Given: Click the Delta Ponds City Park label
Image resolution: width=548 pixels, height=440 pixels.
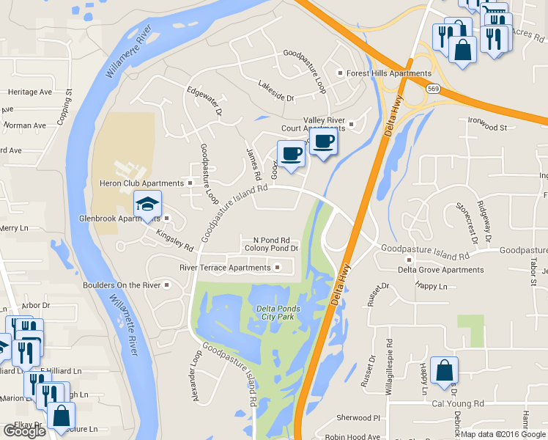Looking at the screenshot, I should pyautogui.click(x=278, y=312).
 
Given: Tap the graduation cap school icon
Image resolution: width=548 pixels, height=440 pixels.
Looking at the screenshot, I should pyautogui.click(x=147, y=204).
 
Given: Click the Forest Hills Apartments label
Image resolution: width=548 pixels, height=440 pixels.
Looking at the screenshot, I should pyautogui.click(x=388, y=73).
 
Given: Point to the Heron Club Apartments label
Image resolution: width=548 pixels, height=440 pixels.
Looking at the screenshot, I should pyautogui.click(x=141, y=183).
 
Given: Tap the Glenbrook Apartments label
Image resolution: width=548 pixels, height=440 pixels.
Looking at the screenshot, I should pyautogui.click(x=119, y=219).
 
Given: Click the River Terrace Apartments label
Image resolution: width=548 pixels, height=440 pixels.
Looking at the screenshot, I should pyautogui.click(x=225, y=268).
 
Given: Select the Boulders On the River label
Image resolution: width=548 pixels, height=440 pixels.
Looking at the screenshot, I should pyautogui.click(x=122, y=285).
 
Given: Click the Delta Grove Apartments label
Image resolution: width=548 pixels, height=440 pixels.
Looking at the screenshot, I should pyautogui.click(x=440, y=270).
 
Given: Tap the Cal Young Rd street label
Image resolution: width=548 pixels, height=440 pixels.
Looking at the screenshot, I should pyautogui.click(x=459, y=403).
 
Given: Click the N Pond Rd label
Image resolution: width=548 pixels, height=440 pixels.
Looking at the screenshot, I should pyautogui.click(x=271, y=240).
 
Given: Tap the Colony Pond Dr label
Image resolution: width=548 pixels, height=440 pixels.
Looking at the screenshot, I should pyautogui.click(x=271, y=249).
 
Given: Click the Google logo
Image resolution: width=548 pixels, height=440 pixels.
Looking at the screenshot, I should pyautogui.click(x=24, y=431).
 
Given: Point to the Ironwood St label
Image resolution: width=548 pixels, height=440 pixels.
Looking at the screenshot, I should pyautogui.click(x=488, y=128).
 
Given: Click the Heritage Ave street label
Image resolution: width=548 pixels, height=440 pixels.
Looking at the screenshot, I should pyautogui.click(x=30, y=92).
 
